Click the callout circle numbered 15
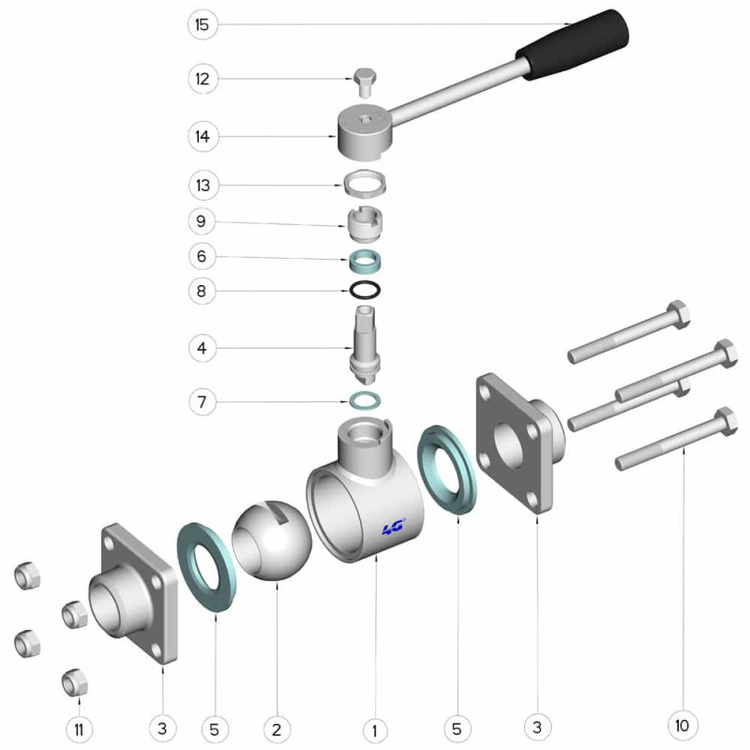click(202, 24)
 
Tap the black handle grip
click(573, 44)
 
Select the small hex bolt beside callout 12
click(365, 83)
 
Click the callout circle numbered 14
click(202, 137)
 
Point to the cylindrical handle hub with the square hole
click(366, 132)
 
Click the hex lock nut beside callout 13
click(365, 185)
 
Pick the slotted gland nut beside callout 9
click(365, 224)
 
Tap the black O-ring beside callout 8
click(365, 290)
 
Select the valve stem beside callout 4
click(365, 345)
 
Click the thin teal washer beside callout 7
click(365, 400)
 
